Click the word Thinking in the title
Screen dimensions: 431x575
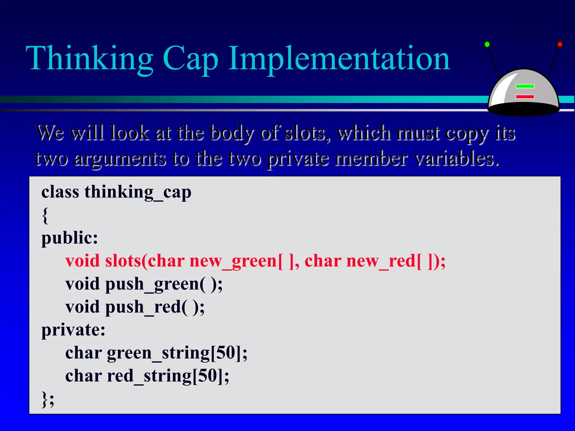click(89, 59)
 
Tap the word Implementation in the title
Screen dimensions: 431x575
click(339, 59)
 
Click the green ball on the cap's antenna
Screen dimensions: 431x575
click(487, 44)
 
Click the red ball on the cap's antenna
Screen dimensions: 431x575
click(560, 44)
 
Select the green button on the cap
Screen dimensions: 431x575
click(525, 86)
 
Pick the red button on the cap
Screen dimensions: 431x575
click(525, 97)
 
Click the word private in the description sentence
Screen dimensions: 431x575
click(298, 159)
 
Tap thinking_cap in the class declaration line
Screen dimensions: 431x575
click(138, 192)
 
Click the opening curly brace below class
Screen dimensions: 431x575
click(45, 215)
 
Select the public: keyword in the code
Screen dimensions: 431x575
click(70, 238)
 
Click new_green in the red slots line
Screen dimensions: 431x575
click(233, 261)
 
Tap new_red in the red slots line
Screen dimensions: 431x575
click(380, 261)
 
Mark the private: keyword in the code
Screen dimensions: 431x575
click(73, 330)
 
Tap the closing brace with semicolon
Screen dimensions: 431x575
click(48, 399)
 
